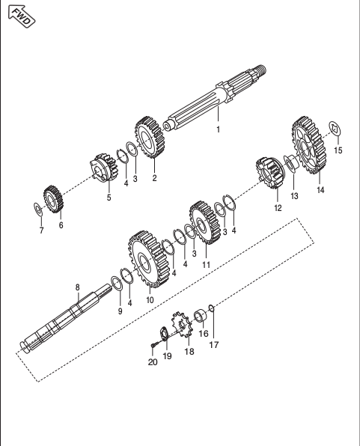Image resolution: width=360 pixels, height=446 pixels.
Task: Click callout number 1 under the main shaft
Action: (x=219, y=129)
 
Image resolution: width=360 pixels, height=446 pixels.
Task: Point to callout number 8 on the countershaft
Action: (x=77, y=287)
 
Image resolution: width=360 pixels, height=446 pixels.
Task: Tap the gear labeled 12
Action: (x=267, y=175)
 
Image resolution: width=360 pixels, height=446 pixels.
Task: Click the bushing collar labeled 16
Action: (x=201, y=317)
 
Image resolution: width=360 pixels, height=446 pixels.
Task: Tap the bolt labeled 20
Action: (x=152, y=345)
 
